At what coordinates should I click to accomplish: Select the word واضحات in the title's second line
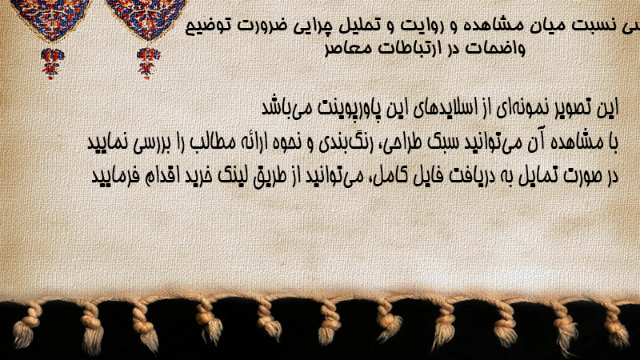point(495,48)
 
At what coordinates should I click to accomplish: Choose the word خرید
point(198,176)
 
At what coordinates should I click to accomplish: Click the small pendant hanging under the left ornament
point(52,63)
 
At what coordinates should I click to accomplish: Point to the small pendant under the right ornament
point(148,63)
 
